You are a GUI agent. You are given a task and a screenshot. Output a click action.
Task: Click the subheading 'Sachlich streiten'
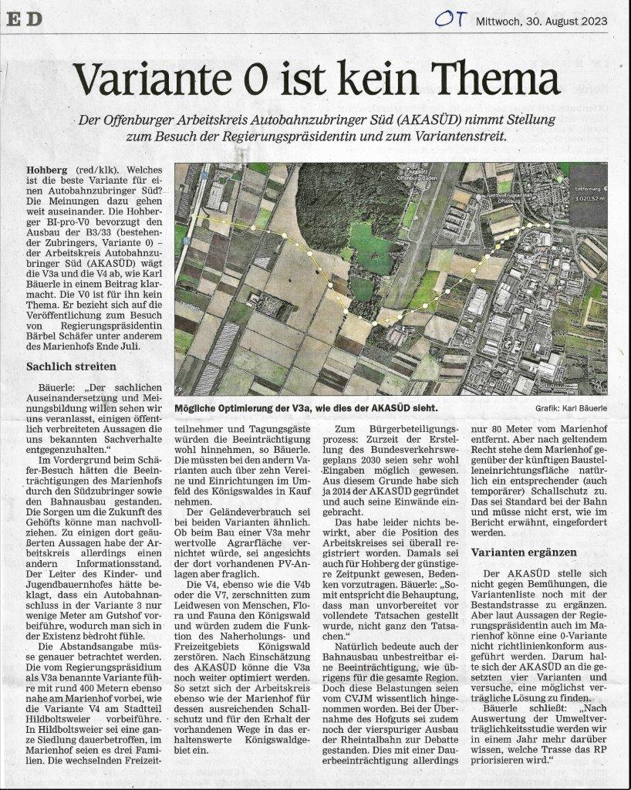[x=71, y=366]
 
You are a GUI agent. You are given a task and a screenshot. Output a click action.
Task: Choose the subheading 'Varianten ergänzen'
[x=525, y=552]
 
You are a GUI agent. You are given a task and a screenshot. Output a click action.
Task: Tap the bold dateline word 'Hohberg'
[x=47, y=168]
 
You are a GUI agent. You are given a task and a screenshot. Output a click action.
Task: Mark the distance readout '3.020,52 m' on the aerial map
[x=589, y=197]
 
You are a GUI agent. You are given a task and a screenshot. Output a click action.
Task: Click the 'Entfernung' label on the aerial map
[x=589, y=187]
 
